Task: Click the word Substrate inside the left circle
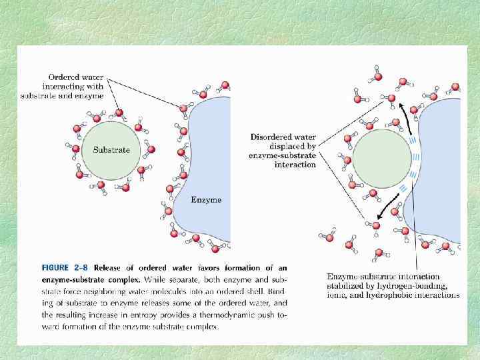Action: [111, 150]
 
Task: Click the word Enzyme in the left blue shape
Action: [206, 199]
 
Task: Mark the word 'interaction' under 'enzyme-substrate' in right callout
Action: [295, 165]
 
